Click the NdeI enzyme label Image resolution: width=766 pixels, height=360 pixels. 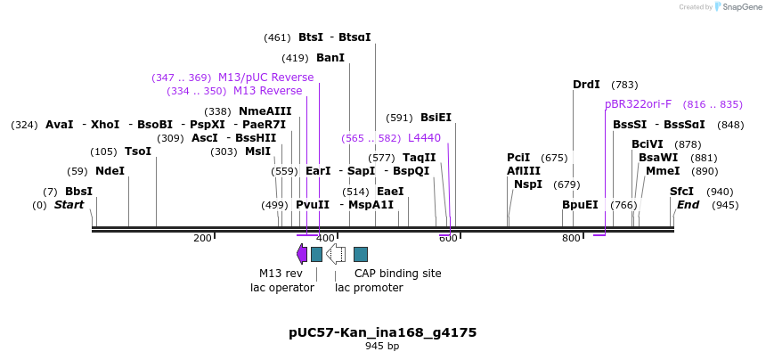[110, 171]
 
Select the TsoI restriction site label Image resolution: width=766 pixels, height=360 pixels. [138, 151]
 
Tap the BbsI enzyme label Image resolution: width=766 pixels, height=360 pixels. [78, 192]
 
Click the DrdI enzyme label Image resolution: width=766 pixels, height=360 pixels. [586, 85]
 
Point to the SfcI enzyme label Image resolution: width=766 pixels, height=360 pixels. [681, 192]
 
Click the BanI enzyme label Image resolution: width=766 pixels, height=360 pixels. [330, 58]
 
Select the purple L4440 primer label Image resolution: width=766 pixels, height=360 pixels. [424, 138]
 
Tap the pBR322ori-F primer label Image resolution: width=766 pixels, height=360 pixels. [638, 104]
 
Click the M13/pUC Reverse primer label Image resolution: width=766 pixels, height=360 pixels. [265, 78]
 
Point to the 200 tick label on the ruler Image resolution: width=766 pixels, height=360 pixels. [202, 238]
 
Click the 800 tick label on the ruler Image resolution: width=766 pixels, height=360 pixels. [570, 238]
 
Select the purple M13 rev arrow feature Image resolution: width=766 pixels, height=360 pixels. [302, 255]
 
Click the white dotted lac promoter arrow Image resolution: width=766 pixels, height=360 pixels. [336, 255]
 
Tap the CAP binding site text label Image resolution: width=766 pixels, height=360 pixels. [397, 274]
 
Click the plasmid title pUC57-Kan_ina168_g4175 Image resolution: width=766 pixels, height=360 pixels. [382, 332]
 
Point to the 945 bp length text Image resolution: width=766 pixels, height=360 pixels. [382, 346]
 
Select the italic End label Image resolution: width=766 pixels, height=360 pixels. [688, 205]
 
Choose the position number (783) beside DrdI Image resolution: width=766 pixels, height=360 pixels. [624, 85]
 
